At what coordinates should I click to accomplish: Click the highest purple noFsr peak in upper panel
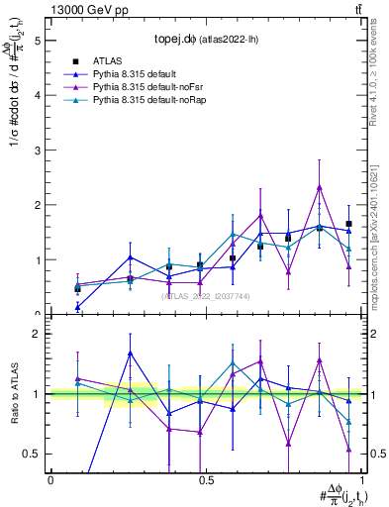(320, 186)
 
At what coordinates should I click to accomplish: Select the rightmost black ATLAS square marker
(348, 224)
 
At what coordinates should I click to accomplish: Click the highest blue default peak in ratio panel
(131, 353)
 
